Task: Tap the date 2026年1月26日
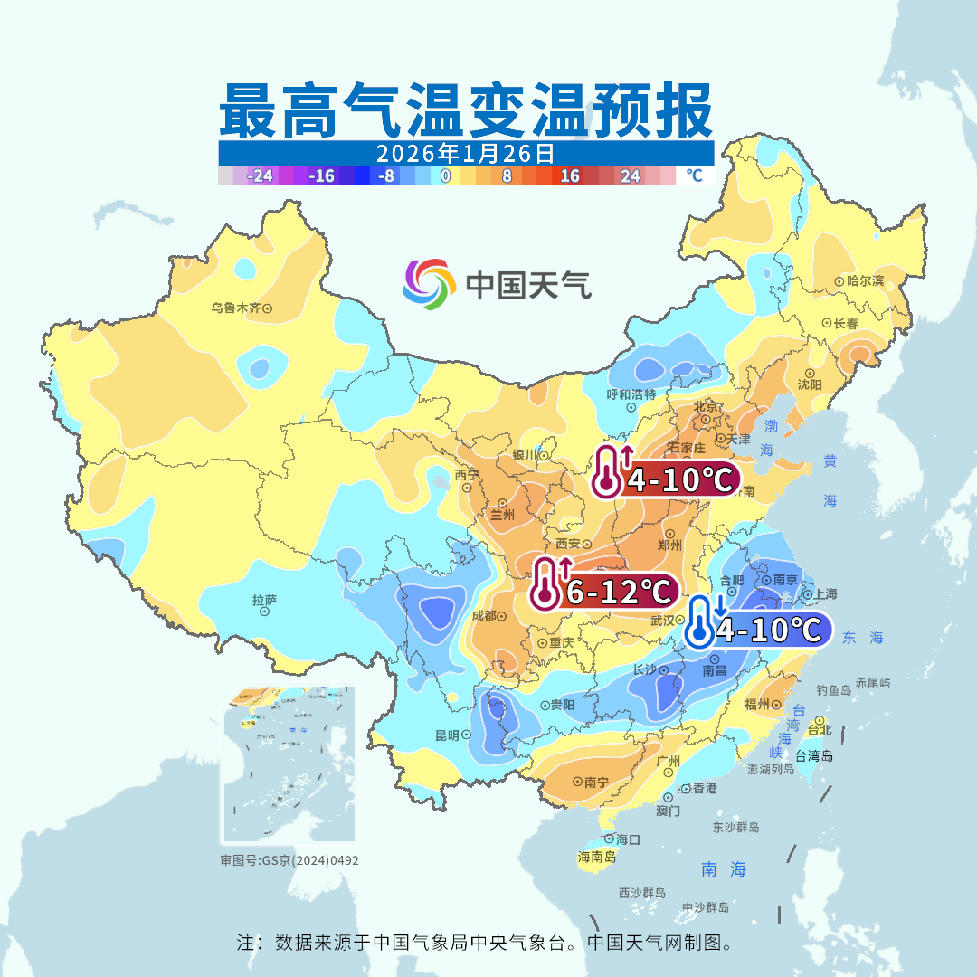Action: [x=465, y=153]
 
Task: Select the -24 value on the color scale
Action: [x=261, y=175]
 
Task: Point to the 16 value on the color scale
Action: [x=570, y=175]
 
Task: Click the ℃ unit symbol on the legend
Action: [x=693, y=175]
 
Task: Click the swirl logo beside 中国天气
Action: [x=428, y=284]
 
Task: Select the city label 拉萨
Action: [x=264, y=600]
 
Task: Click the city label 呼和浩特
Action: [x=631, y=394]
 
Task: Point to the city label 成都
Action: [x=485, y=615]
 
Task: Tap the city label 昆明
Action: [x=447, y=735]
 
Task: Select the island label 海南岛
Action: [x=597, y=856]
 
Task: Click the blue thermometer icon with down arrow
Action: [x=700, y=621]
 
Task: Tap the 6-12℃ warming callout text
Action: [x=619, y=593]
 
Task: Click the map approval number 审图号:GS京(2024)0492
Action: [x=289, y=860]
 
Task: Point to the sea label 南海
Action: [x=724, y=869]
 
